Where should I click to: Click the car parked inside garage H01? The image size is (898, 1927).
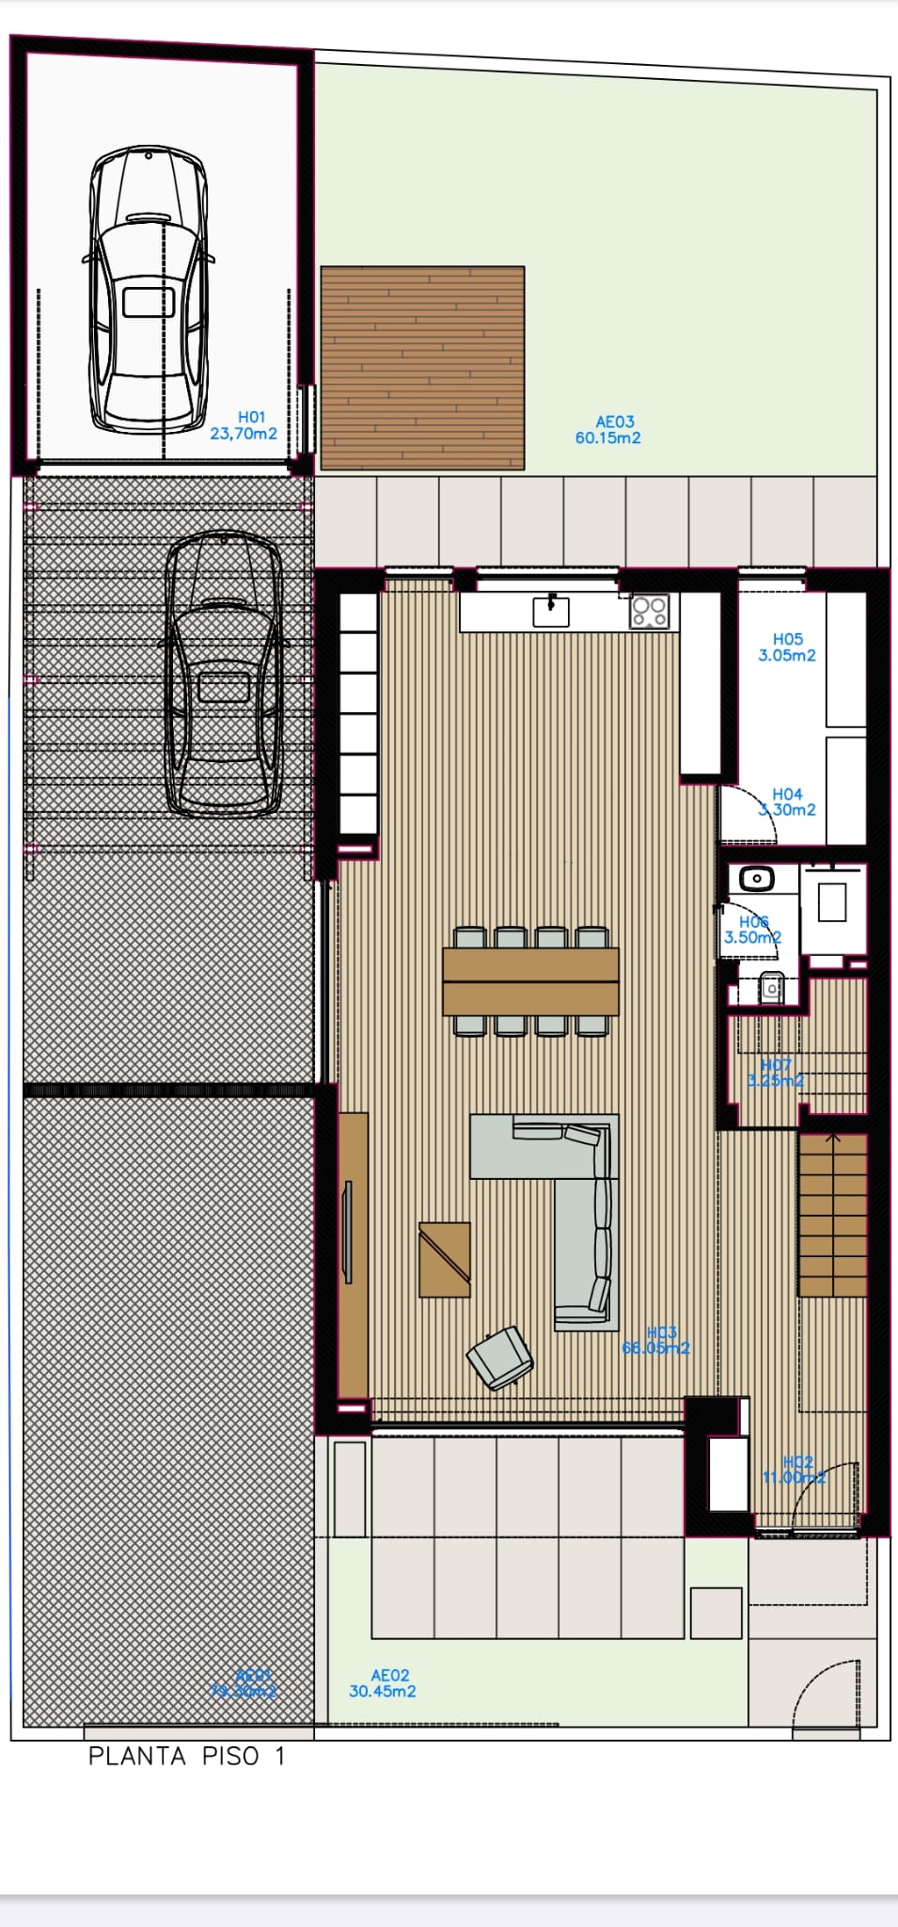click(149, 289)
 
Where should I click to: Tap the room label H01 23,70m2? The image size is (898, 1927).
click(244, 425)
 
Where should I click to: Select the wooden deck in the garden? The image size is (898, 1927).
click(422, 368)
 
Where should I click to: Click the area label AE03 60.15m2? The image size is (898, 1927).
click(608, 430)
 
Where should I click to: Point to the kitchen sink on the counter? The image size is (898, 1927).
click(551, 611)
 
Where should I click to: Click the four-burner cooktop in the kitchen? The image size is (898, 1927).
click(650, 611)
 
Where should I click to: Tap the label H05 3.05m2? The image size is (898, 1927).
click(787, 647)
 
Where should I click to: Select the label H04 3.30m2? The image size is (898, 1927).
click(787, 803)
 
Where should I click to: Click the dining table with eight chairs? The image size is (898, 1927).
click(530, 981)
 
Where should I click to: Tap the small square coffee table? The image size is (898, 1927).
click(444, 1259)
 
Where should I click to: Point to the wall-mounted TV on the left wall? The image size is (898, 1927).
click(347, 1233)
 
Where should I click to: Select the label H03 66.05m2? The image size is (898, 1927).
click(656, 1341)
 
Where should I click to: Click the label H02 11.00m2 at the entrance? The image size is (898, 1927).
click(795, 1470)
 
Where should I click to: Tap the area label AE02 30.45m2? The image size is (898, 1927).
click(383, 1683)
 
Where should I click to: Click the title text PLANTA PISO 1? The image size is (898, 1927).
click(186, 1757)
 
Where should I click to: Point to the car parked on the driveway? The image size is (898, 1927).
click(224, 674)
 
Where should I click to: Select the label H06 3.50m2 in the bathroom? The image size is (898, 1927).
click(753, 930)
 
